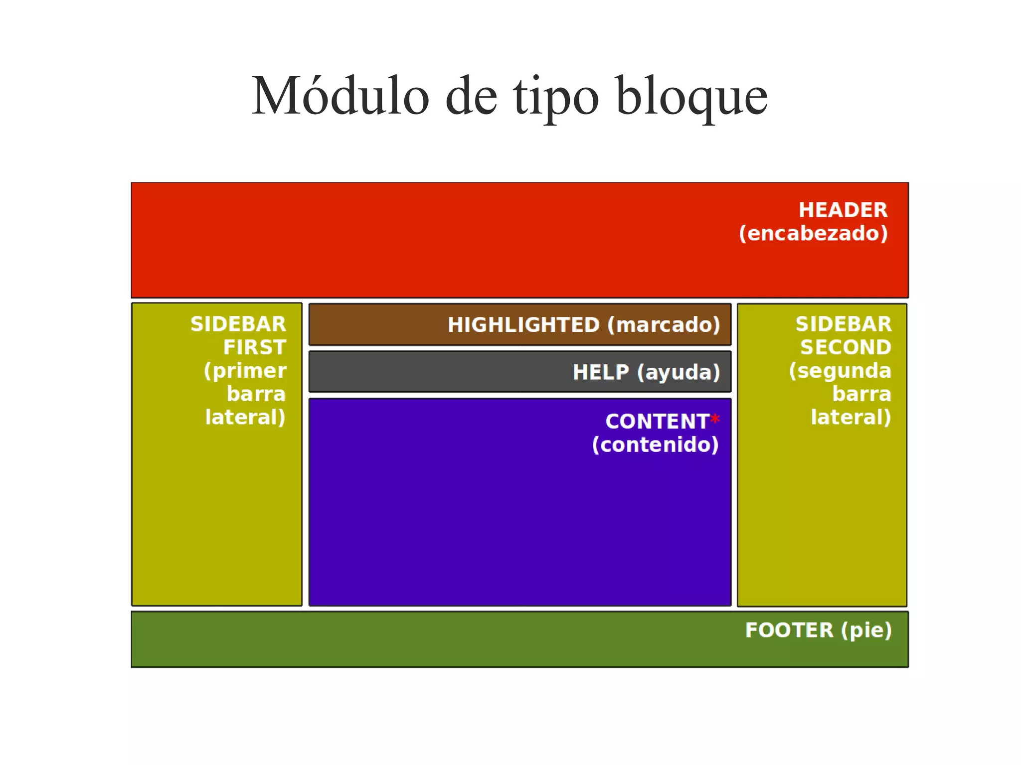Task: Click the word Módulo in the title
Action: [x=340, y=96]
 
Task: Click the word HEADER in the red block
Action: [x=843, y=210]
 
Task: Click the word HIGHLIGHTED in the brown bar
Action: [x=523, y=325]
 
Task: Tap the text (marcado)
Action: [x=664, y=325]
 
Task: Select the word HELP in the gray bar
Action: [x=601, y=372]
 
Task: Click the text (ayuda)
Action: [x=679, y=372]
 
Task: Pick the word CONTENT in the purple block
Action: [x=657, y=422]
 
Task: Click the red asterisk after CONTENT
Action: [x=715, y=419]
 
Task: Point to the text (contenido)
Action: [x=655, y=445]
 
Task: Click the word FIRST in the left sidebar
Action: [x=255, y=347]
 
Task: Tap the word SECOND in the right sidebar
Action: [x=846, y=347]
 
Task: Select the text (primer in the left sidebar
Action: [x=245, y=371]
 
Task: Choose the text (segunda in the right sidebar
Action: [x=840, y=371]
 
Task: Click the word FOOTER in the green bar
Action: [x=789, y=630]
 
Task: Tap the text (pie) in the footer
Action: [x=866, y=630]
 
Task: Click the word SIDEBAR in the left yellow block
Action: [x=238, y=324]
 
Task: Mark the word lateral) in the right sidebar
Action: [x=851, y=417]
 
